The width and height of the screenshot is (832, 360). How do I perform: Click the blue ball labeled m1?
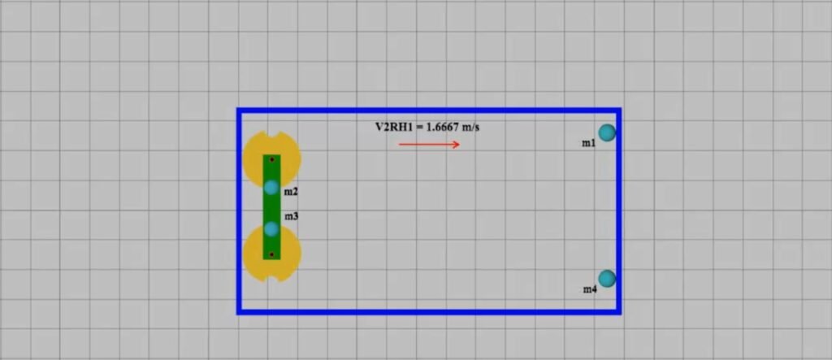(x=607, y=132)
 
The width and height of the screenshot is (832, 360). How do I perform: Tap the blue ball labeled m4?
(x=607, y=278)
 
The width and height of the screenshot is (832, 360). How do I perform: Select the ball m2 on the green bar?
(x=271, y=188)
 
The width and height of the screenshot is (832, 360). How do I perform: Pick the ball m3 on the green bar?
(x=271, y=229)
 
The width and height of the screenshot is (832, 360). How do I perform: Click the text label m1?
(x=589, y=143)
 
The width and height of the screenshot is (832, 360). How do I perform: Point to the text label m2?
(x=291, y=192)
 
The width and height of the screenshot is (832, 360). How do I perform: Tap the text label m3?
(x=292, y=217)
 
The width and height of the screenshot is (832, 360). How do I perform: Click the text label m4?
(x=590, y=289)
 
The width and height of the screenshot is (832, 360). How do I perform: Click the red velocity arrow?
(x=429, y=145)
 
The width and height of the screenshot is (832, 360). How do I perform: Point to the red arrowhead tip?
(x=460, y=145)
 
